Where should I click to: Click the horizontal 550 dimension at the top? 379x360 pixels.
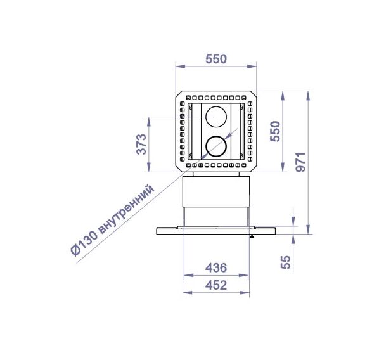click(216, 59)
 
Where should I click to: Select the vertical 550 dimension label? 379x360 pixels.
click(275, 131)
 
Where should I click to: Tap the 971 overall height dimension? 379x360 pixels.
click(300, 162)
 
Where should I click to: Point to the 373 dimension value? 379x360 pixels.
click(141, 144)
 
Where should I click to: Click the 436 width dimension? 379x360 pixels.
click(216, 267)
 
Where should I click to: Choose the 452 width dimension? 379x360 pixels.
click(216, 285)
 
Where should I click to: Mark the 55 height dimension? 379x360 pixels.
click(285, 262)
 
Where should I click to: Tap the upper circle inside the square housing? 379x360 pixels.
click(216, 106)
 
